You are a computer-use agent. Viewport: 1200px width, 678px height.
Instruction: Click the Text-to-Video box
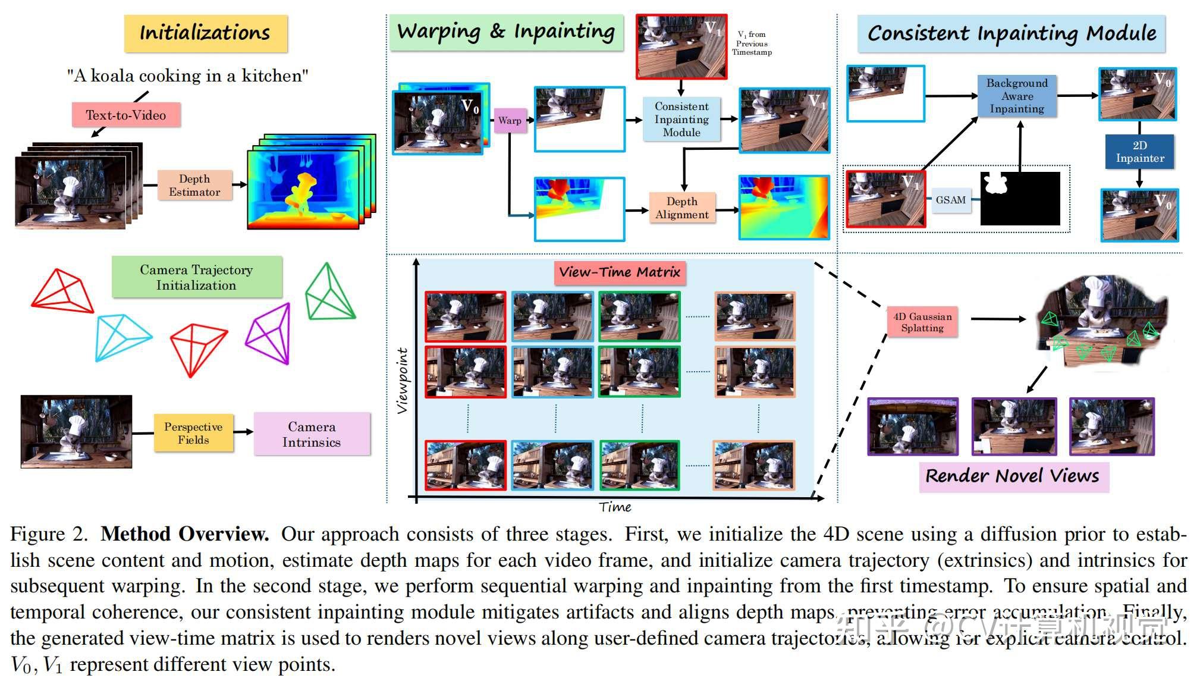126,115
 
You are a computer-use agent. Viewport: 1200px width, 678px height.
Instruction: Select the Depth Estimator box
194,186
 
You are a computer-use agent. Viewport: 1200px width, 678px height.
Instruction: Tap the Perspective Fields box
193,434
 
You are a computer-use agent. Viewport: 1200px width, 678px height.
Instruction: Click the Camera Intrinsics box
312,434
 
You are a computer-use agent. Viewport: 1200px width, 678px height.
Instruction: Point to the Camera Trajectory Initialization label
196,277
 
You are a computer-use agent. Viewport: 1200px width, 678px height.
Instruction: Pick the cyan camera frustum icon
122,337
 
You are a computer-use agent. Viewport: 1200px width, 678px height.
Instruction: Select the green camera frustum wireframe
329,293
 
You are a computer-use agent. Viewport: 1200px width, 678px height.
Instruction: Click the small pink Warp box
510,121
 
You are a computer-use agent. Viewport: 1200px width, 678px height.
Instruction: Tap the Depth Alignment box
681,208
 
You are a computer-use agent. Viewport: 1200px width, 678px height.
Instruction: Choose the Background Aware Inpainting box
1017,96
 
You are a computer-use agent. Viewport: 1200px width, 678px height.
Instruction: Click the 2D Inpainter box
1139,152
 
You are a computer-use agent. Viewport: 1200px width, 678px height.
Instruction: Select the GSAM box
950,200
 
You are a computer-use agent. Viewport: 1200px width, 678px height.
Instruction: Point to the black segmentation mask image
1020,199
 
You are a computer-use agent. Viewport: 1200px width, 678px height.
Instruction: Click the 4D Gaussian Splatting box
922,322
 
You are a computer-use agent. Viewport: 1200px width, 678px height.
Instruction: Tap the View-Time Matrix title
619,272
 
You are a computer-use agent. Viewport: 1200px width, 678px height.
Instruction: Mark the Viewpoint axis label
403,381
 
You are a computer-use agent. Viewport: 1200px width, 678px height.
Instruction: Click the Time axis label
615,507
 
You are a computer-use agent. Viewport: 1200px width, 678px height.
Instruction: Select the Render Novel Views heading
1012,476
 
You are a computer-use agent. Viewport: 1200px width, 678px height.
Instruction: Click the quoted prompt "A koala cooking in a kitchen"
187,76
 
